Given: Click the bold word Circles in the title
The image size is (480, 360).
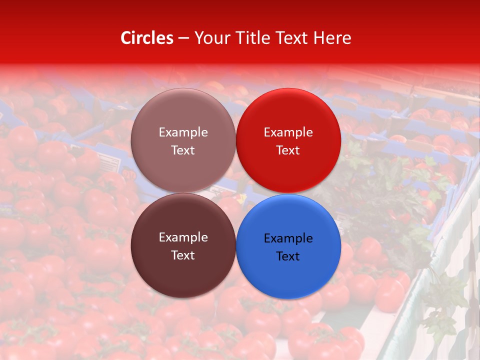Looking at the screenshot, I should pyautogui.click(x=146, y=38).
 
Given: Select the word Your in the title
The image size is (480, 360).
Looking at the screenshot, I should pyautogui.click(x=210, y=38).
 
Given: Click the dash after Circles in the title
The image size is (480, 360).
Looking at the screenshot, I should pyautogui.click(x=183, y=38).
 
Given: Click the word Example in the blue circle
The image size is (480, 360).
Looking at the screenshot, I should pyautogui.click(x=288, y=238).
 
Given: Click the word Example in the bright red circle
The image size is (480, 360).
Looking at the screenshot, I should pyautogui.click(x=288, y=132).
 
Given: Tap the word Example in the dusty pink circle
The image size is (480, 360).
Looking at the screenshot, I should pyautogui.click(x=183, y=132).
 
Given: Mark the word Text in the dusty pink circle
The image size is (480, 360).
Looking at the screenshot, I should pyautogui.click(x=182, y=150).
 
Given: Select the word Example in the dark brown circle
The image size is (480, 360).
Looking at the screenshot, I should pyautogui.click(x=183, y=237).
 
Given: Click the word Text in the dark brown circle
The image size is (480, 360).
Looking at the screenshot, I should pyautogui.click(x=182, y=255).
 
